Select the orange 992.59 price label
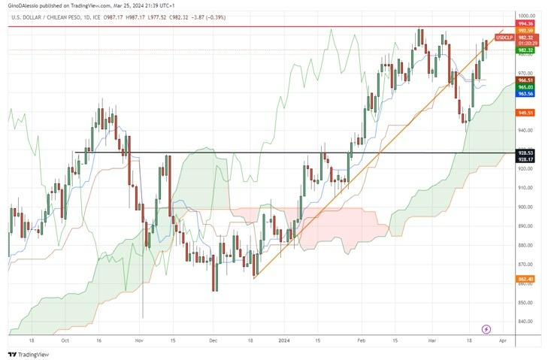click(x=525, y=31)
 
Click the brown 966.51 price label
click(x=525, y=80)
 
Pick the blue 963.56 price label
click(x=525, y=94)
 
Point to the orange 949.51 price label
click(x=525, y=113)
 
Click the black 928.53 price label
click(x=525, y=153)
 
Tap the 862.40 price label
click(x=525, y=280)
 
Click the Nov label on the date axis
click(x=139, y=340)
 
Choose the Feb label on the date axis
click(x=362, y=340)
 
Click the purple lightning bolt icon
click(x=486, y=329)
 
